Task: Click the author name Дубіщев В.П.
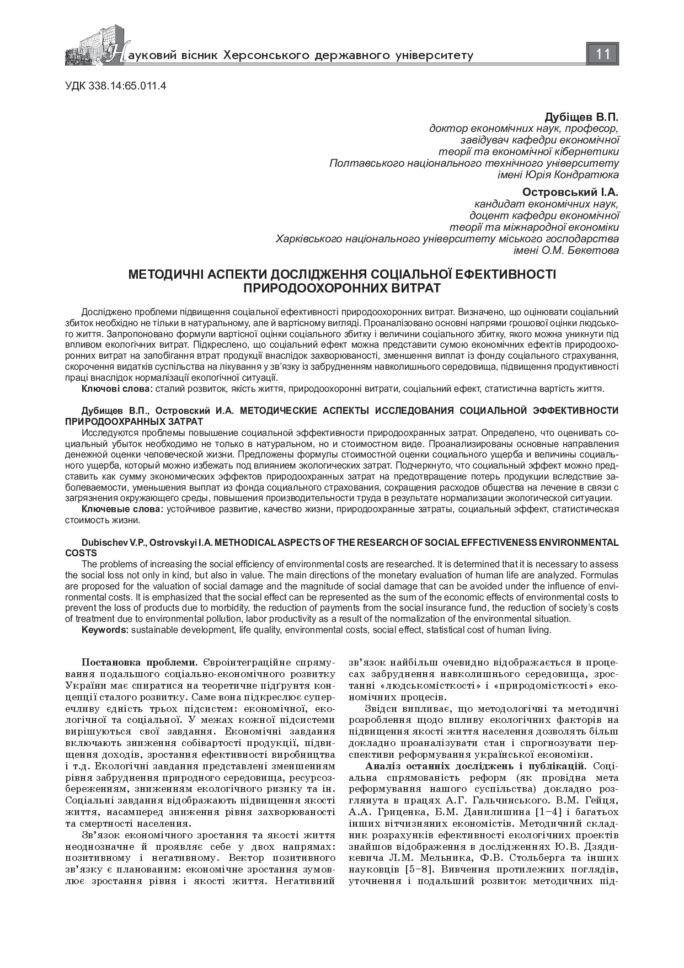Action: coord(581,118)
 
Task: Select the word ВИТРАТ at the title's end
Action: coord(418,288)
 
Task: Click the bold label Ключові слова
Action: coord(116,389)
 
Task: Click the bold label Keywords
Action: coord(105,630)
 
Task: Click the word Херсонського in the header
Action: coord(268,55)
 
